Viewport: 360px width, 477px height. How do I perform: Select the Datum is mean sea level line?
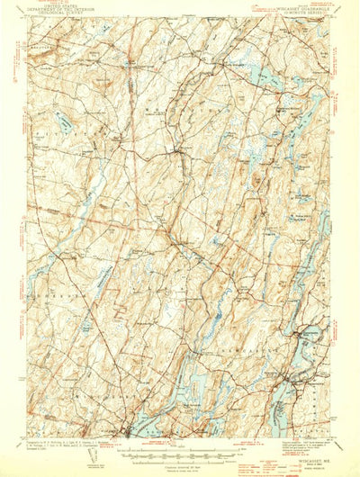point(180,466)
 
